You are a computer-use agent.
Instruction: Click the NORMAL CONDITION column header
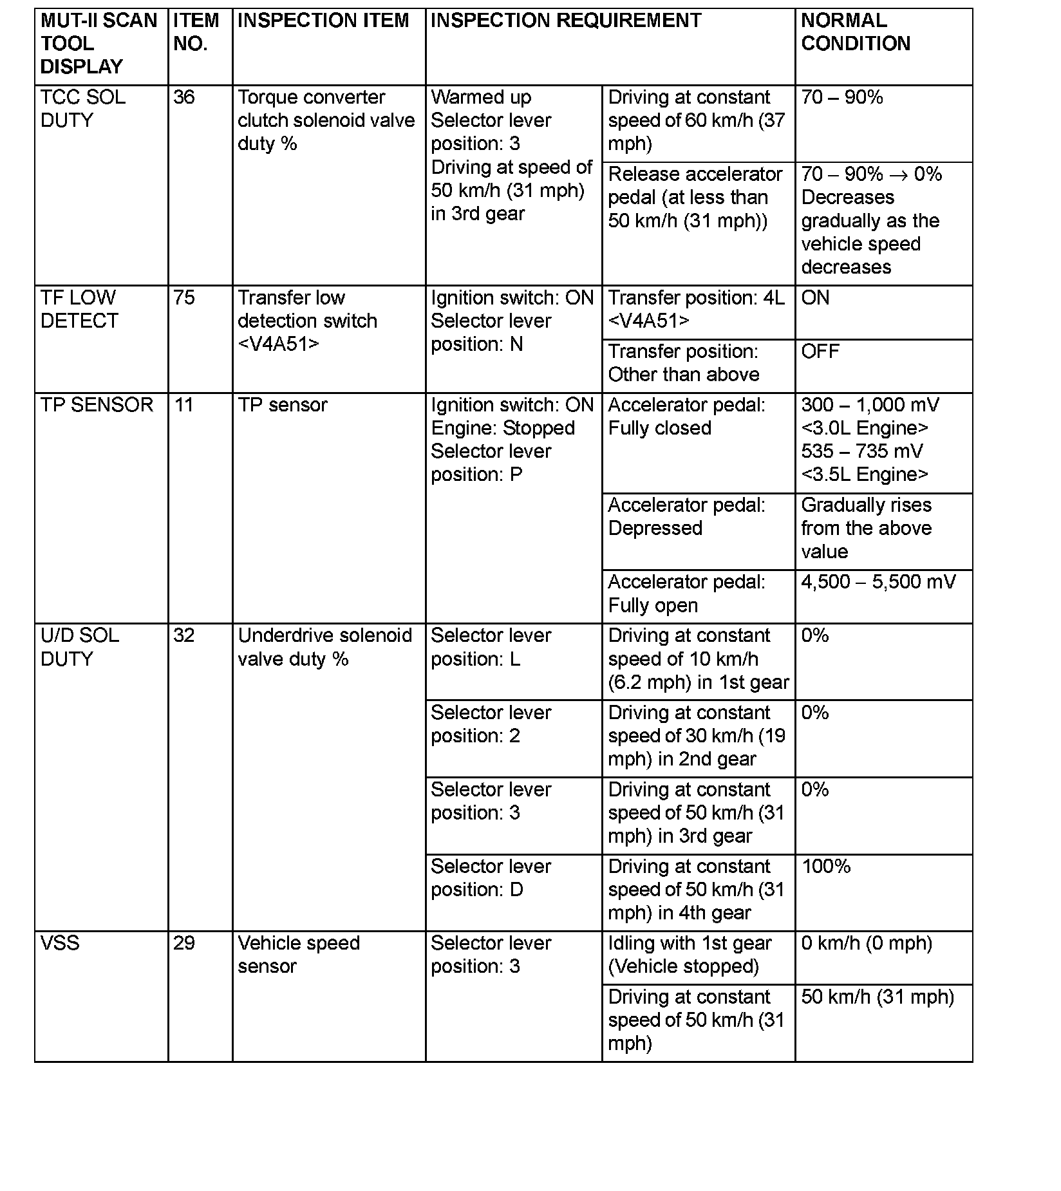(855, 32)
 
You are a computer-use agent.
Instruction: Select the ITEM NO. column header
(196, 32)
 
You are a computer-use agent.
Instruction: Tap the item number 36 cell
(184, 98)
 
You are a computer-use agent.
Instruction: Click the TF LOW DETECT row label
(79, 309)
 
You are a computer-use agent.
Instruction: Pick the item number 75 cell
(184, 298)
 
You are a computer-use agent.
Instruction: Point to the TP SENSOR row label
(97, 405)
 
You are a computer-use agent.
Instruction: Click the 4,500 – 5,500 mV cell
(878, 582)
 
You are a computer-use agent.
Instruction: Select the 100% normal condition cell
(826, 867)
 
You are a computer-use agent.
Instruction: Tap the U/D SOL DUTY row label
(79, 647)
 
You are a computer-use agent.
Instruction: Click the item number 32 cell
(184, 636)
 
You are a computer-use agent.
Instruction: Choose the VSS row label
(60, 943)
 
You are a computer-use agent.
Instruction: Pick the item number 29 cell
(184, 943)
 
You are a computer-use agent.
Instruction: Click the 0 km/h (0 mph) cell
(867, 943)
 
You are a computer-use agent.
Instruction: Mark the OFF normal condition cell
(820, 352)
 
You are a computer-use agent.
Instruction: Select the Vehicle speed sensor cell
(298, 955)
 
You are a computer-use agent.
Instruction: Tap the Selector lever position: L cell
(491, 647)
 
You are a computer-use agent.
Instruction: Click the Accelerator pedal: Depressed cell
(686, 516)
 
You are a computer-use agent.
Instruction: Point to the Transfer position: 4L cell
(696, 309)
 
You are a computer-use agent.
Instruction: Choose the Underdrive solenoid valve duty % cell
(324, 647)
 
